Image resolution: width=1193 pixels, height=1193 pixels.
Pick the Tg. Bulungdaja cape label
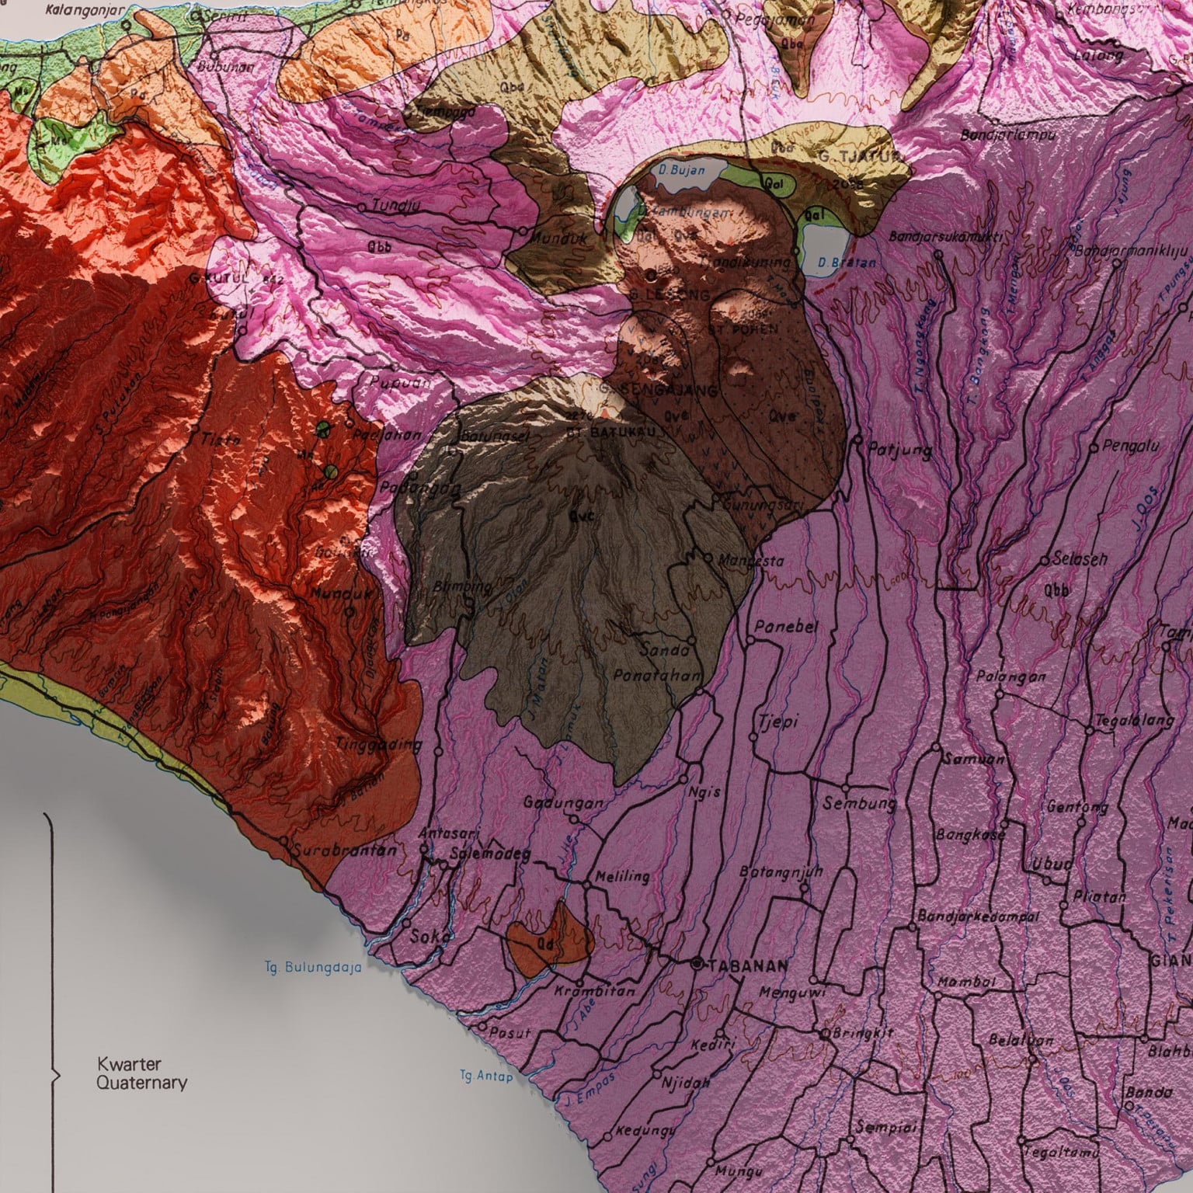pos(312,968)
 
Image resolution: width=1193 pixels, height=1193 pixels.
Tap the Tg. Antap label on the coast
pos(486,1076)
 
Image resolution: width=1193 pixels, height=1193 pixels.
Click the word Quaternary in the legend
pos(141,1083)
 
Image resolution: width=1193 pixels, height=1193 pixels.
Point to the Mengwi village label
pos(791,992)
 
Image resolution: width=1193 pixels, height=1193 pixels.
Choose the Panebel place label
pos(787,628)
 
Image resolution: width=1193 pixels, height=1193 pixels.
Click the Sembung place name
pos(860,803)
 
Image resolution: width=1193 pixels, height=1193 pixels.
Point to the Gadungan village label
pos(562,803)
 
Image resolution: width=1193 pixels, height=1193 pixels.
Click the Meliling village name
pos(621,877)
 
